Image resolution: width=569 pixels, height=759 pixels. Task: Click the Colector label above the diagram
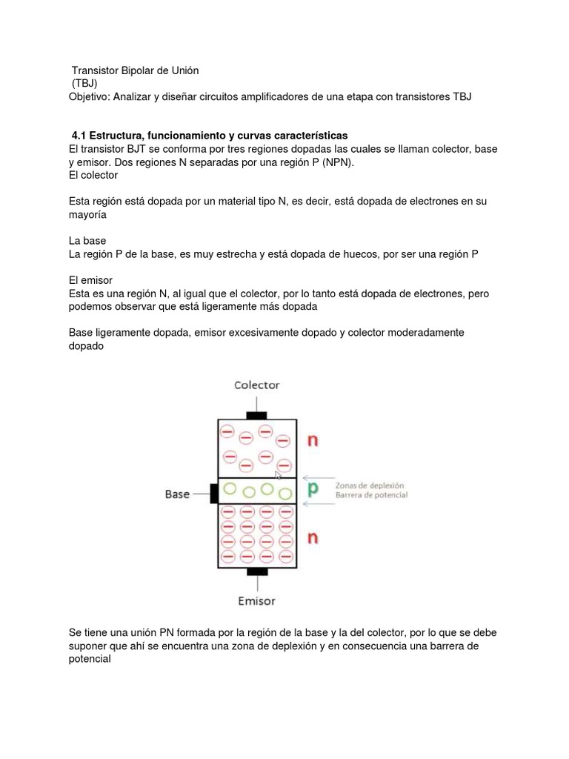tap(257, 385)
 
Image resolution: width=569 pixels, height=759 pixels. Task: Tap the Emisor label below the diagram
tap(256, 600)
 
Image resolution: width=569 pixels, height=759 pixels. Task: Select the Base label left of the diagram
tap(177, 493)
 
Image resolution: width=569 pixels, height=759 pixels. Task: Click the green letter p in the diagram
tap(313, 489)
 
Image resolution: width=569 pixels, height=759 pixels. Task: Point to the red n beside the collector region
tap(313, 440)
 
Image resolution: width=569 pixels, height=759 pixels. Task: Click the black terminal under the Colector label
tap(257, 413)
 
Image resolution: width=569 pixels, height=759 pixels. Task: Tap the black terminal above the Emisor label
tap(257, 572)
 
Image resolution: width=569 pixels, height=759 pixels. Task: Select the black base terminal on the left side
tap(213, 492)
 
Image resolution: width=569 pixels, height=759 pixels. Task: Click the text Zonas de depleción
tap(370, 485)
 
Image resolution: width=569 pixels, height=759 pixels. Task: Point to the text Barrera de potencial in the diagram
tap(371, 495)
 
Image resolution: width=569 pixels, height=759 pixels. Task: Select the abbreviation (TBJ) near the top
tap(84, 83)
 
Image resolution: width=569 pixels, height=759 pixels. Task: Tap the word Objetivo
tap(91, 96)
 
